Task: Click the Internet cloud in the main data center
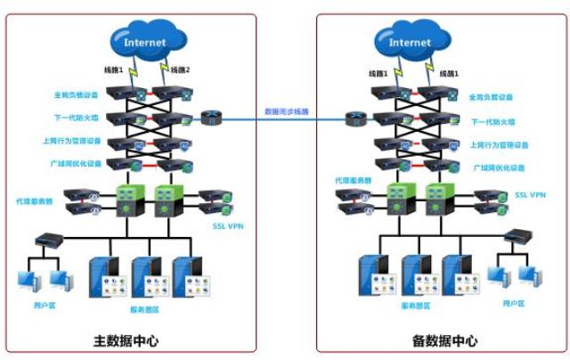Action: click(x=144, y=41)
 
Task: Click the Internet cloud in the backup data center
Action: click(x=409, y=41)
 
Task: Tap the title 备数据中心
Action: click(x=446, y=340)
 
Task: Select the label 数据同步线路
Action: click(x=286, y=111)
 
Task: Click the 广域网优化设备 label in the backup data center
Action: click(x=498, y=168)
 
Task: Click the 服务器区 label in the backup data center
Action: click(x=414, y=305)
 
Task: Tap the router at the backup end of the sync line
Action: click(x=353, y=119)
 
